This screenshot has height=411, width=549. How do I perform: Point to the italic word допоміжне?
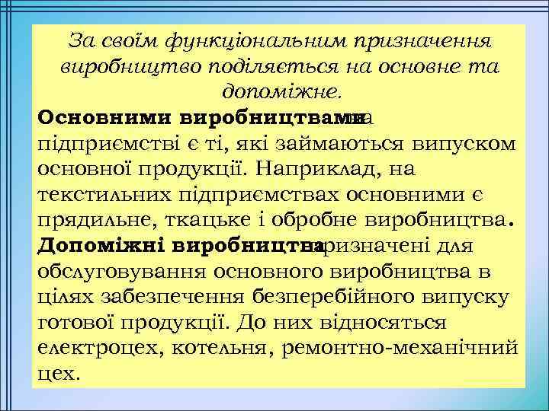coord(283,93)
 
